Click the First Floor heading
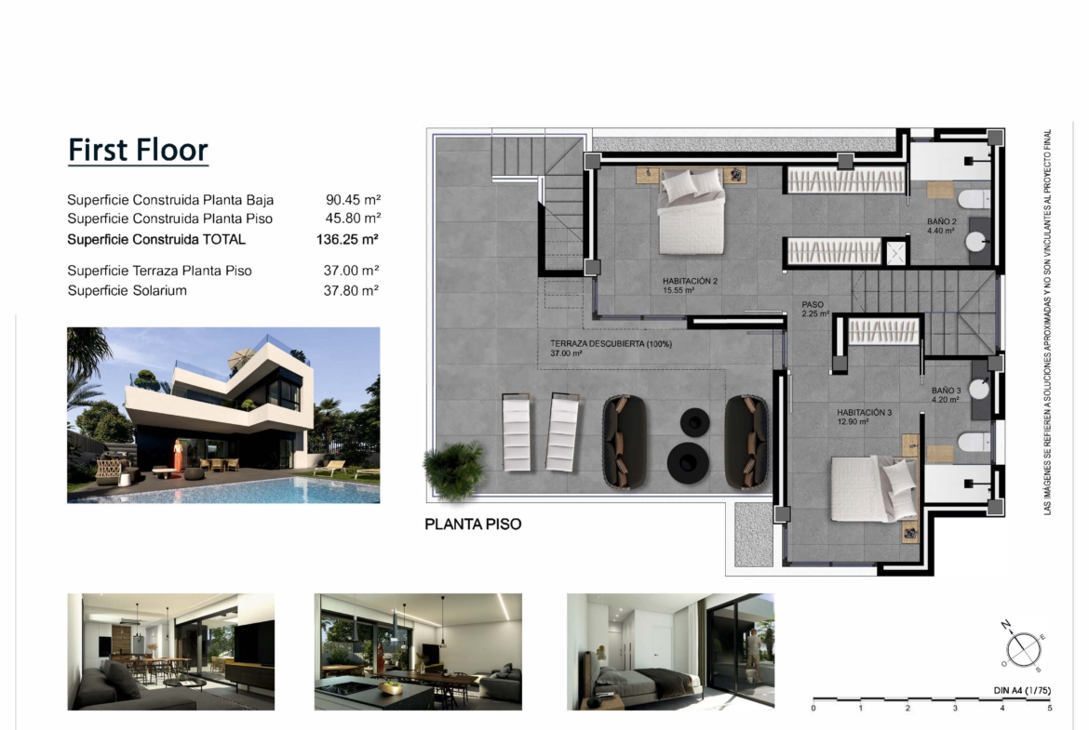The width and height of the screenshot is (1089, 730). coord(138,150)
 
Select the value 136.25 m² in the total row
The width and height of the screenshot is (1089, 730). coord(347,239)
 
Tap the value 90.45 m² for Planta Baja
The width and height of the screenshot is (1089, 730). coord(353,200)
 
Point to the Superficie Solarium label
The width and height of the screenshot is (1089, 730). coord(128,290)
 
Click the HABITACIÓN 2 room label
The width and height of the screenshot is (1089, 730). coord(690,285)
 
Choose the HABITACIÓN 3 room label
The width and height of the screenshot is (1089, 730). coord(864,417)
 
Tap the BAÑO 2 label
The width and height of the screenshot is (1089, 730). coord(941,226)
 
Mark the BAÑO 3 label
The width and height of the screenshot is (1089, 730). coord(946,395)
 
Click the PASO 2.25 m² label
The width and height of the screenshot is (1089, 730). coord(815,309)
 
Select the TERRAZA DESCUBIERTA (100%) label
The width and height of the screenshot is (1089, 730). coord(612,348)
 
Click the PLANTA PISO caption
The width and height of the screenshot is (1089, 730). coord(473,524)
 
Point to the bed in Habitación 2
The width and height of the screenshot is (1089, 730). coord(692,211)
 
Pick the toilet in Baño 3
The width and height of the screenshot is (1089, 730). coord(975,442)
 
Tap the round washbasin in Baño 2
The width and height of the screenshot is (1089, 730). coord(975,243)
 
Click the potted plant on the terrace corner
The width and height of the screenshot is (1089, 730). coord(455,470)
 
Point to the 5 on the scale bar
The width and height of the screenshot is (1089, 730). coord(1049,708)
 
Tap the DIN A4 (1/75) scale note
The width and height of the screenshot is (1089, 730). coord(1022,690)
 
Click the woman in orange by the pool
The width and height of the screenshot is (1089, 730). coord(179,456)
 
